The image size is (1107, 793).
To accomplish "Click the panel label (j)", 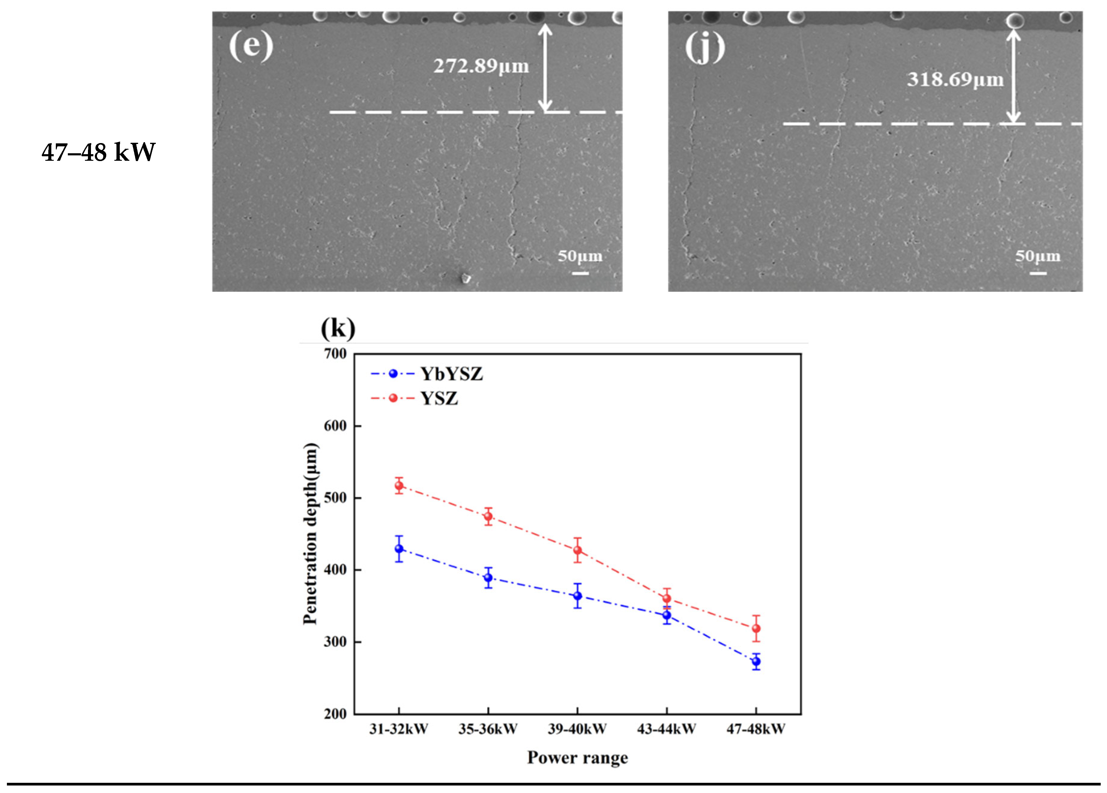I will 705,48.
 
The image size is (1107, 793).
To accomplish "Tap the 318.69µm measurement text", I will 955,79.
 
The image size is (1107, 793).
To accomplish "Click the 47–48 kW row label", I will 98,152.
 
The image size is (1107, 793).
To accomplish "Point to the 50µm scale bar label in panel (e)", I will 580,256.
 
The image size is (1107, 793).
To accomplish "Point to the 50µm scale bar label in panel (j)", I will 1038,256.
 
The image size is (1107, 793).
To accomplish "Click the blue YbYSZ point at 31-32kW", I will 399,548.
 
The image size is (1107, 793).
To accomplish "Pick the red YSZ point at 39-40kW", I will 578,550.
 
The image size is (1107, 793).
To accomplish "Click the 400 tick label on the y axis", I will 335,570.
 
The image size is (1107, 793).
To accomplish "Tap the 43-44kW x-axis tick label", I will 666,729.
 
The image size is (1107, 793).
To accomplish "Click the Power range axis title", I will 578,757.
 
